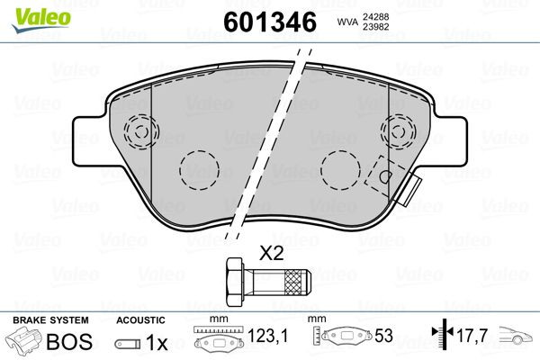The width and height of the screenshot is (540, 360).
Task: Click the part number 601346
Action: (x=268, y=21)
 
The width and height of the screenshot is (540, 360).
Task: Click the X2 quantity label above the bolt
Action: (x=271, y=254)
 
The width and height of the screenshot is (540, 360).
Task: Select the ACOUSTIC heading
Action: (x=140, y=319)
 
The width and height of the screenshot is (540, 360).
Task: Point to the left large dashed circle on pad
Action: (x=200, y=169)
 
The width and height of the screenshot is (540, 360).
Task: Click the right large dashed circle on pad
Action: (x=340, y=169)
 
